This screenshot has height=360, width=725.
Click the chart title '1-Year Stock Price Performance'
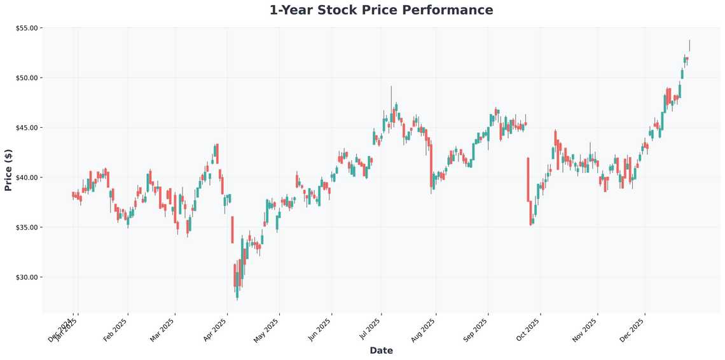coord(381,10)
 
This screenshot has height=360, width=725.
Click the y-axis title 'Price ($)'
coord(8,170)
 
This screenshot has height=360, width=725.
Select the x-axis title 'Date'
coord(381,350)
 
